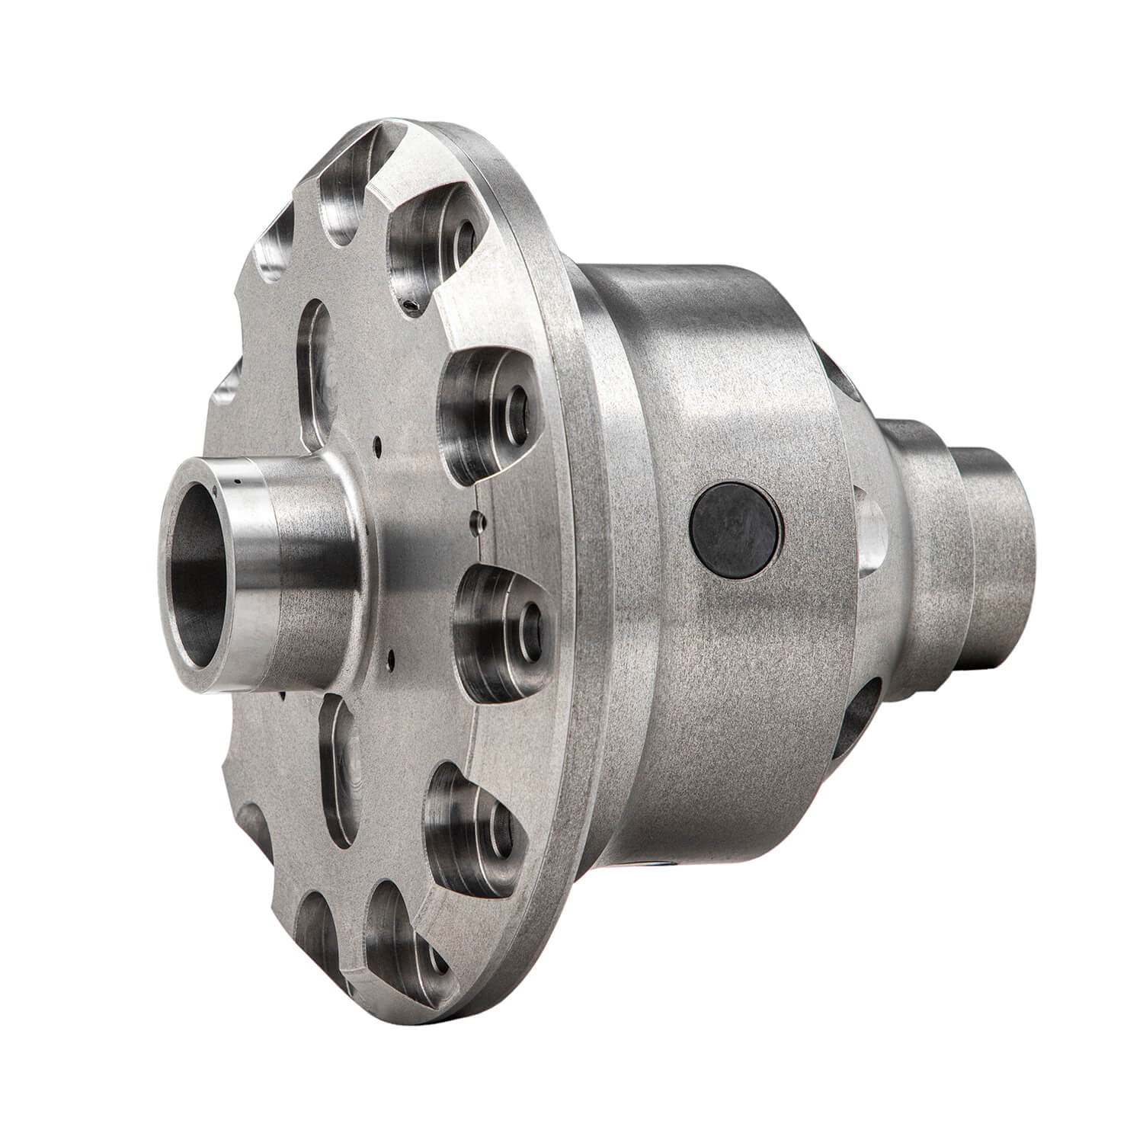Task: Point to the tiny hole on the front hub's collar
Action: pyautogui.click(x=239, y=482)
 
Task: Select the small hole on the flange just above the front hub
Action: pyautogui.click(x=376, y=440)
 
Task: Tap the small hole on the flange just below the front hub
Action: pyautogui.click(x=389, y=653)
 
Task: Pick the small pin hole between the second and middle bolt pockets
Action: pyautogui.click(x=478, y=523)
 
